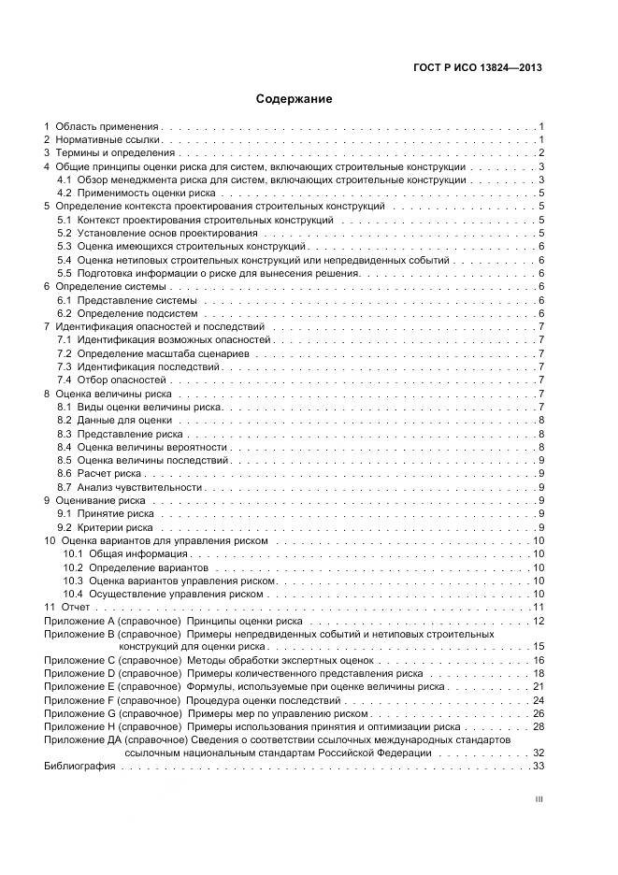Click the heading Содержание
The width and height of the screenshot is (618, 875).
[x=294, y=98]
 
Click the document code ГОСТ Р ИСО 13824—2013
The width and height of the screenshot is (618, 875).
[x=478, y=67]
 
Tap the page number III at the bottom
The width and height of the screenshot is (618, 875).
[x=539, y=800]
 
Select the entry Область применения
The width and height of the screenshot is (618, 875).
[x=107, y=125]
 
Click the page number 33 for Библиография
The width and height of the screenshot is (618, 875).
[x=538, y=767]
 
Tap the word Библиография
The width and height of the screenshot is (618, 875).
[x=79, y=767]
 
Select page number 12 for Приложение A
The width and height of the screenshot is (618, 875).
[x=538, y=622]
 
